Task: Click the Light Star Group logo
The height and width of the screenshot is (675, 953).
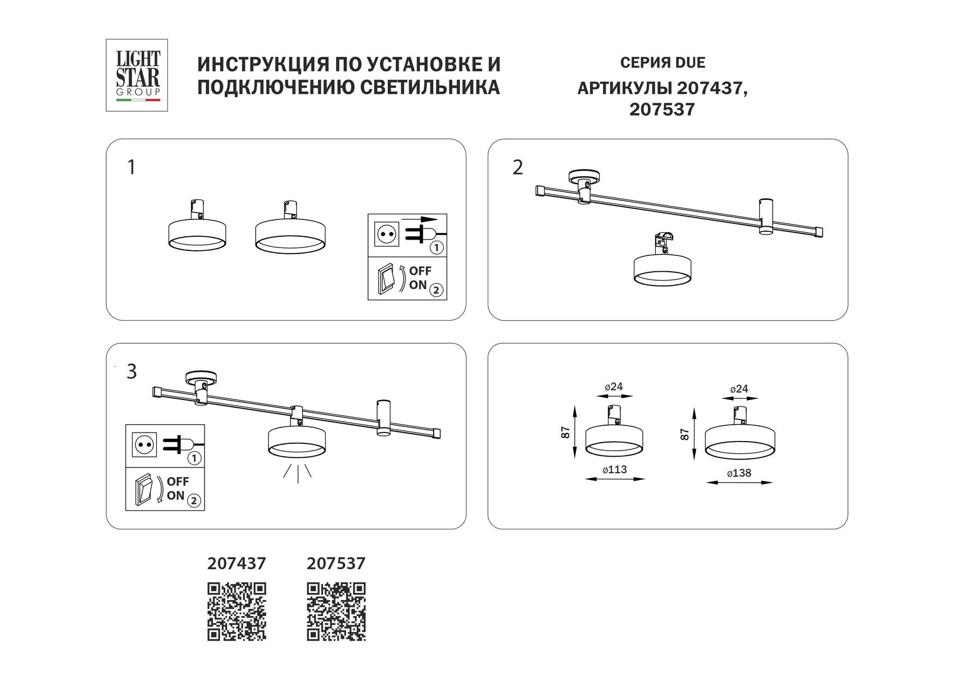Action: [x=138, y=75]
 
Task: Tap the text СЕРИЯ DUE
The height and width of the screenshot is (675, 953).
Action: [x=662, y=62]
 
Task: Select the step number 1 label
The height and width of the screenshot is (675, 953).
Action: [x=131, y=168]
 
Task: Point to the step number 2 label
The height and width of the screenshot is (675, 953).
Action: [x=518, y=168]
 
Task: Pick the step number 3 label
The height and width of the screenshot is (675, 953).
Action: [x=131, y=372]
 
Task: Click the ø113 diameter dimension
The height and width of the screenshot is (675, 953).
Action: [x=615, y=470]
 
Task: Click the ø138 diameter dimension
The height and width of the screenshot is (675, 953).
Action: [x=739, y=474]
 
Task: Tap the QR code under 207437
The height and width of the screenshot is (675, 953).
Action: [x=237, y=611]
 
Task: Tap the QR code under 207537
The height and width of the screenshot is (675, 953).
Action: [x=336, y=611]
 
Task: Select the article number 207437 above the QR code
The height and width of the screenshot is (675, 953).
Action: [x=237, y=563]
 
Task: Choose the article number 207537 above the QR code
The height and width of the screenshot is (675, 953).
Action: [x=336, y=563]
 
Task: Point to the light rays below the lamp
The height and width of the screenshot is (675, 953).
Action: [x=297, y=473]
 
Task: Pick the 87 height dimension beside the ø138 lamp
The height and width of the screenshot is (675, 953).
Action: [x=684, y=433]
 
